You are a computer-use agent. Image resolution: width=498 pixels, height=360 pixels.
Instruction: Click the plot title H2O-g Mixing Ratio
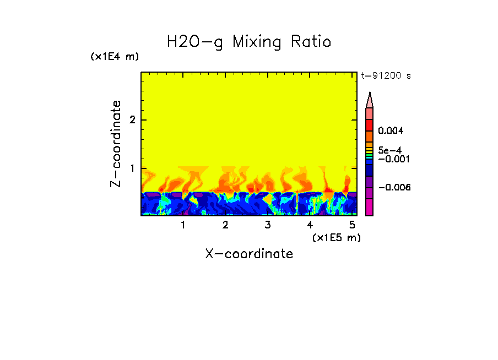[x=249, y=42]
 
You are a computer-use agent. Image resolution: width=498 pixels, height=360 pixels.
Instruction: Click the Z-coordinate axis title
[x=116, y=144]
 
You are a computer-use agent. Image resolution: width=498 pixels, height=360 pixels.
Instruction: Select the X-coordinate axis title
[x=249, y=254]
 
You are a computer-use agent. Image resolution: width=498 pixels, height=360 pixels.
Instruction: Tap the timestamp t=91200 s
[x=386, y=76]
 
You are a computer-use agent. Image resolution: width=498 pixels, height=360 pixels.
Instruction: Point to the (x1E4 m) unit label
[x=115, y=57]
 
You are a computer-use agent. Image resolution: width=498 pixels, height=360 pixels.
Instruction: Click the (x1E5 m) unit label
[x=336, y=237]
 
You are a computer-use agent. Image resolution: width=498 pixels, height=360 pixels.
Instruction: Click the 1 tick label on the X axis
[x=183, y=225]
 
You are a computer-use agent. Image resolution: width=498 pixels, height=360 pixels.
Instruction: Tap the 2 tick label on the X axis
[x=225, y=225]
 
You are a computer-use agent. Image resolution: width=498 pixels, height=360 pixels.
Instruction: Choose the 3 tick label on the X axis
[x=267, y=225]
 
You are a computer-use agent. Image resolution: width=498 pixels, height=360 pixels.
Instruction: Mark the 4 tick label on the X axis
[x=310, y=225]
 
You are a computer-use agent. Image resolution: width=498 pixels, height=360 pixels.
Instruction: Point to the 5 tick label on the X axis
[x=351, y=225]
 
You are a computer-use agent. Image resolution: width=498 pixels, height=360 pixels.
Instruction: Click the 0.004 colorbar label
[x=391, y=131]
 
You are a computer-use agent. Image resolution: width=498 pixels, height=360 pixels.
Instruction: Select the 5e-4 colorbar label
[x=389, y=150]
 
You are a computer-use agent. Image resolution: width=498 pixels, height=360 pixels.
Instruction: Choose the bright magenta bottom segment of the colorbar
[x=370, y=208]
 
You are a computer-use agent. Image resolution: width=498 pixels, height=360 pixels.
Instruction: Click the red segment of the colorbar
[x=370, y=125]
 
